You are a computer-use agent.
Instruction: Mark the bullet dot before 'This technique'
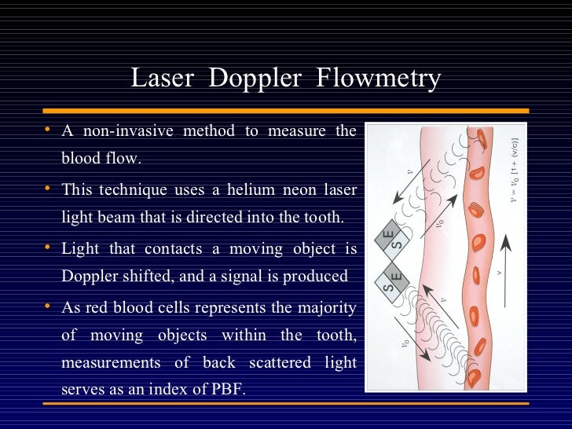(x=48, y=188)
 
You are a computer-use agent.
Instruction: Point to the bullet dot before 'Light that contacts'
(x=48, y=247)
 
